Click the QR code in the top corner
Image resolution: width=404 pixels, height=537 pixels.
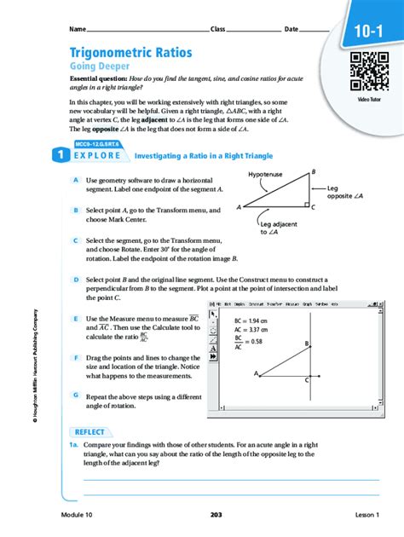pos(369,71)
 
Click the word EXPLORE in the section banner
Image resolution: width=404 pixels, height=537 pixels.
pos(96,157)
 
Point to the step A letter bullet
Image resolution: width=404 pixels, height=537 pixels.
pos(77,181)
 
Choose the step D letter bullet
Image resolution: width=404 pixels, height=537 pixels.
pos(77,279)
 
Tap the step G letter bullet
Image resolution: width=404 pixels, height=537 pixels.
pos(77,396)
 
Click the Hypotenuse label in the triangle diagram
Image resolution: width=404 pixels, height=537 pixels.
pos(265,174)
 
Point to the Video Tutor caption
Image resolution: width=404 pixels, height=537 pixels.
pos(369,100)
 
